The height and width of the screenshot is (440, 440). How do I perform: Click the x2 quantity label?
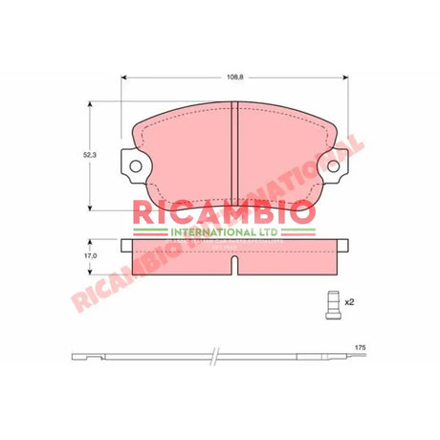click(x=349, y=302)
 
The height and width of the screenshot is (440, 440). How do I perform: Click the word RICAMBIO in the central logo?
click(x=226, y=209)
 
